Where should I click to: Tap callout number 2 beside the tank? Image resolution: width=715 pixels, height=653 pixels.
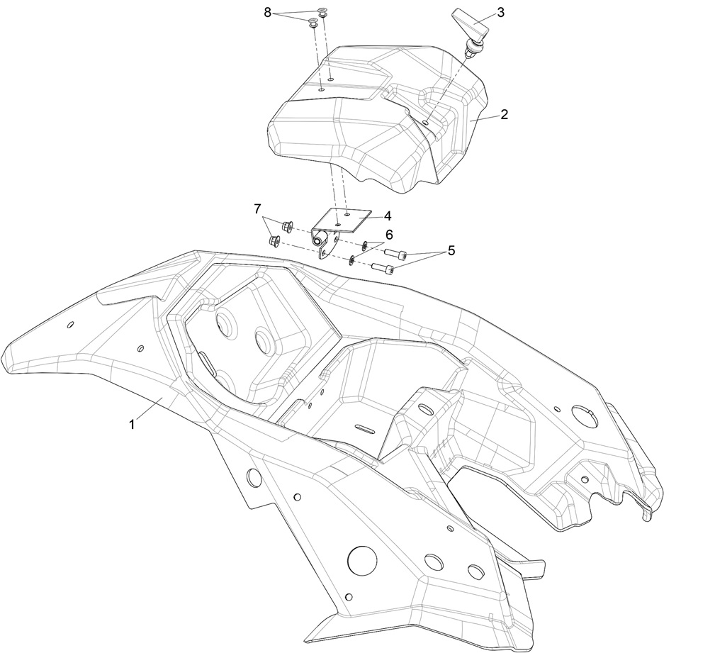click(504, 114)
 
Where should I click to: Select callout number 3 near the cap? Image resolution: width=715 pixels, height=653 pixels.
click(500, 13)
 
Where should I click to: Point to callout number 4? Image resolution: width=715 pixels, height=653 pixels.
click(387, 215)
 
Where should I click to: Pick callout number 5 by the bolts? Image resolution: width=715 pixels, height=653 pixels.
click(451, 252)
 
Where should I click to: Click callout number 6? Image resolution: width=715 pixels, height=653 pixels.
click(389, 234)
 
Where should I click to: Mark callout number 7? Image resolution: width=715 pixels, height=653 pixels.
click(257, 208)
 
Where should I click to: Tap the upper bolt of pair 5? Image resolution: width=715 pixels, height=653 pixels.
click(395, 253)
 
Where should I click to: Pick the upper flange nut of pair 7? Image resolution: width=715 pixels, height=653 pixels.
click(288, 227)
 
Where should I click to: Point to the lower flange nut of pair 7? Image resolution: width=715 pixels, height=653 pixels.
click(275, 242)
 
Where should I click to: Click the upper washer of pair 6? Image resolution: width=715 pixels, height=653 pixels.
click(364, 246)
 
